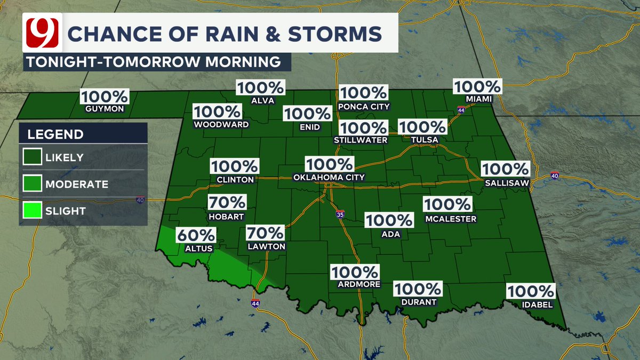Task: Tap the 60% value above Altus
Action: click(x=196, y=235)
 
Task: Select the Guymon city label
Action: click(x=104, y=109)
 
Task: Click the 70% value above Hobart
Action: click(x=227, y=203)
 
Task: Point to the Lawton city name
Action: click(x=266, y=247)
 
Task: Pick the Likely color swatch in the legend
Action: click(x=31, y=157)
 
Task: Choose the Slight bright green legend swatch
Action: click(x=31, y=211)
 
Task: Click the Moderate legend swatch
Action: click(x=31, y=184)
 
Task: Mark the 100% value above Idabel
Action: click(x=531, y=291)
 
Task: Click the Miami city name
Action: click(x=477, y=99)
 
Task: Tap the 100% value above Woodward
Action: click(x=218, y=112)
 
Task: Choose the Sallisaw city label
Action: click(x=506, y=182)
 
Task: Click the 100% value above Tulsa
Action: click(x=421, y=127)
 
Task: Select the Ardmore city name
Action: click(x=359, y=284)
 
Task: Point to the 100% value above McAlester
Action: click(x=447, y=204)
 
